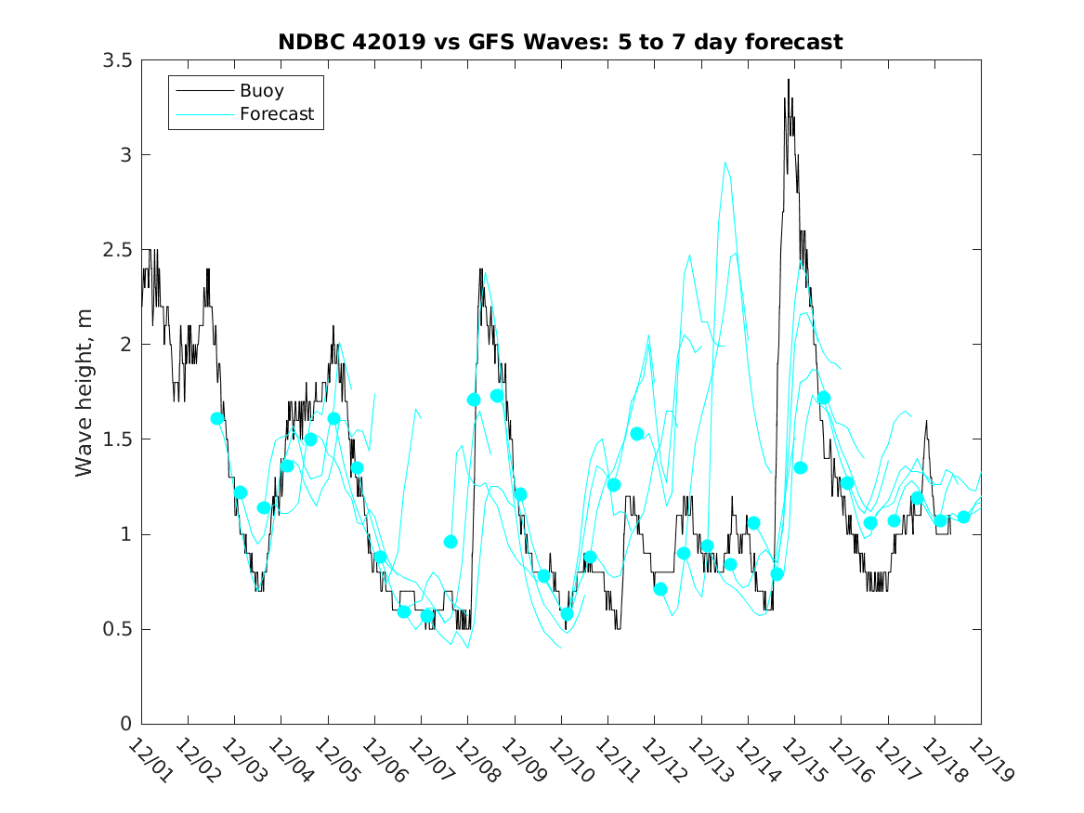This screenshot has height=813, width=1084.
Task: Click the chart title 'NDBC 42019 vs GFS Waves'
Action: click(560, 42)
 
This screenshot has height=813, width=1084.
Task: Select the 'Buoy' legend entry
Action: click(261, 91)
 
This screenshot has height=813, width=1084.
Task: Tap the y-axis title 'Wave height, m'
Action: click(85, 391)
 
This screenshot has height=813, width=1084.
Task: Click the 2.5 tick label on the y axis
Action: click(119, 250)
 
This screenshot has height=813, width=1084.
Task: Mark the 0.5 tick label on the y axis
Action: click(119, 629)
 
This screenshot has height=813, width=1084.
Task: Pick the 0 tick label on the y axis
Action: click(125, 725)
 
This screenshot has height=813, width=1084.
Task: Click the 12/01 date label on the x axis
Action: click(148, 760)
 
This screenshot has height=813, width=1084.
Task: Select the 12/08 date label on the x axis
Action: click(475, 760)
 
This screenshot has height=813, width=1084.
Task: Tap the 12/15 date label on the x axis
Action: click(801, 760)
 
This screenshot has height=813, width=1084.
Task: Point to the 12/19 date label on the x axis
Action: click(987, 760)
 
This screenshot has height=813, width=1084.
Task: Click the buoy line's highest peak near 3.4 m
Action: click(789, 80)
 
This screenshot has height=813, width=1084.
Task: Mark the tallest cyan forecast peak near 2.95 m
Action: click(725, 163)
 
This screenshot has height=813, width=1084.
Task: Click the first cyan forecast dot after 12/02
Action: click(217, 419)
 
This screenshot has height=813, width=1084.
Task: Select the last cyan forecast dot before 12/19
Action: click(963, 517)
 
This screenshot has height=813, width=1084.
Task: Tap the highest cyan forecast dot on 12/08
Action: click(497, 396)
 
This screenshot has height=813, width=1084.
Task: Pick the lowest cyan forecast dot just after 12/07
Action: click(427, 615)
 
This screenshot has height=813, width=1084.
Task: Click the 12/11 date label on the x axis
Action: click(614, 760)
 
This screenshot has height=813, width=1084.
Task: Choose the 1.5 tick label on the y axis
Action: click(119, 439)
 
